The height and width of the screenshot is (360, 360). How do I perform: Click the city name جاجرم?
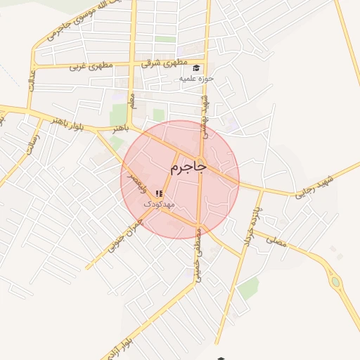188,168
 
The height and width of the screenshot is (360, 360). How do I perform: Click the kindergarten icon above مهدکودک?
160,193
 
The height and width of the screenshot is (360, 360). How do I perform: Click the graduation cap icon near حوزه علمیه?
196,67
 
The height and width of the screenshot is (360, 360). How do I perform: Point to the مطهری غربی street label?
88,68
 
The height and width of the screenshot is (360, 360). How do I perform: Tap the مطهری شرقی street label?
161,63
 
